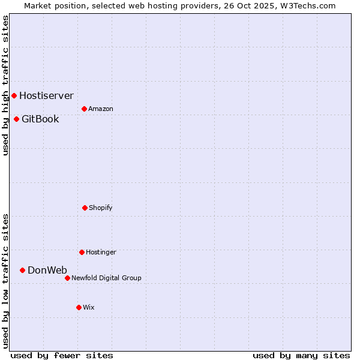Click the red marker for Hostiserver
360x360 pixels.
click(14, 95)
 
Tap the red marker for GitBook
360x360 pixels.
click(16, 119)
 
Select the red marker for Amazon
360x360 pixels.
click(84, 109)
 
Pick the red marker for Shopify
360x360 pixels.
click(85, 208)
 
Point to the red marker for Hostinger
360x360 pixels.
click(82, 252)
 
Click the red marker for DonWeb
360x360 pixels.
click(22, 270)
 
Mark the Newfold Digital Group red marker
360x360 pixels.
click(67, 278)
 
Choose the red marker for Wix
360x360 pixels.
click(79, 307)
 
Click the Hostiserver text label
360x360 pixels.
click(46, 95)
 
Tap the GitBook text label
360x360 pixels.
click(40, 119)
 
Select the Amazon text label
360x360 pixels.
click(101, 109)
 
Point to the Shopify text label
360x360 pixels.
click(101, 208)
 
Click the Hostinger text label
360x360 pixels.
click(101, 252)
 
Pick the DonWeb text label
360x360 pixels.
click(47, 270)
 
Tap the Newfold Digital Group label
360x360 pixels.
click(106, 278)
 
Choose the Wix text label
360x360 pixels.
click(89, 307)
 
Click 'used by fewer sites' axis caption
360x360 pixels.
click(62, 355)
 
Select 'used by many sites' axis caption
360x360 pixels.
click(301, 355)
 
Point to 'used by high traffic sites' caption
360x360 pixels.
click(6, 85)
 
